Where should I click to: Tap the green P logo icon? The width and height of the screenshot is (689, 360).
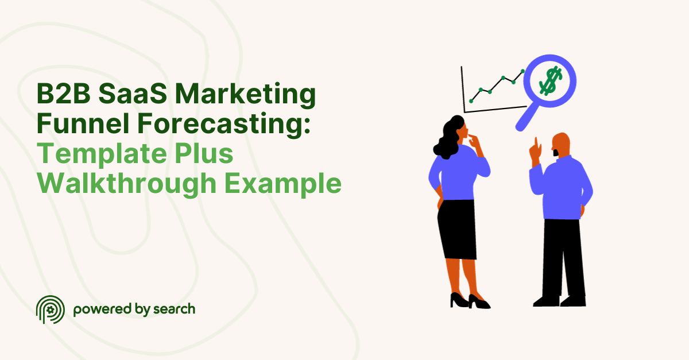point(48,310)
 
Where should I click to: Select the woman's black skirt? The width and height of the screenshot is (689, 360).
point(456,230)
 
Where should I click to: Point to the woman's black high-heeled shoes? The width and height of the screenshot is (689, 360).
point(468,301)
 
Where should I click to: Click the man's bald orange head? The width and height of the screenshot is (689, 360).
point(562,144)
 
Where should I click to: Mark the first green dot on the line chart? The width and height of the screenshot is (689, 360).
point(471,101)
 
